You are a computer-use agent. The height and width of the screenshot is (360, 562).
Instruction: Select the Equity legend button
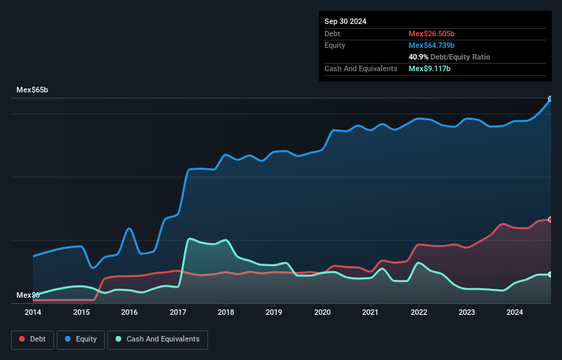point(80,339)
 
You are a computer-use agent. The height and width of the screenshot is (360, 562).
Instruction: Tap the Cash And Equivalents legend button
point(157,339)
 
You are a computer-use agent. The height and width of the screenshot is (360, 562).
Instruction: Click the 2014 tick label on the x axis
point(33,313)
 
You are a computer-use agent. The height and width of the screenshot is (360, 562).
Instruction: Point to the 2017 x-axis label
point(178,313)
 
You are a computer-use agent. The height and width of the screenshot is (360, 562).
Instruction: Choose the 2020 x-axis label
point(322,313)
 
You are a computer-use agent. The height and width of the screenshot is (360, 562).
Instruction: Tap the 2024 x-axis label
point(515,313)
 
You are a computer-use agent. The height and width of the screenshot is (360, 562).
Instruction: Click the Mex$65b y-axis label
point(34,90)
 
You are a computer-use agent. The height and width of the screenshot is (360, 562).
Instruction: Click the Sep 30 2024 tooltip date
point(345,21)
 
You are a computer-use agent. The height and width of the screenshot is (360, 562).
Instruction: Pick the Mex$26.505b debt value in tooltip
point(432,34)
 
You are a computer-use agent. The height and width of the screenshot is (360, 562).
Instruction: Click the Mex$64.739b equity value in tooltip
point(432,45)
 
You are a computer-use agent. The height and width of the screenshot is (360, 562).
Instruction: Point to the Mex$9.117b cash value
point(429,68)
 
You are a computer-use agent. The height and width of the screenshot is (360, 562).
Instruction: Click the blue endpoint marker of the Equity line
point(550,99)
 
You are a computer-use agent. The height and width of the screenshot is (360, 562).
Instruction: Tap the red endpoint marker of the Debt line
point(550,219)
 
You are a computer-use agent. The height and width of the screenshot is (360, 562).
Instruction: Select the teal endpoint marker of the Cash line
point(550,274)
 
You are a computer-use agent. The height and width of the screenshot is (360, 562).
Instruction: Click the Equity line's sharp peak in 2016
point(129,228)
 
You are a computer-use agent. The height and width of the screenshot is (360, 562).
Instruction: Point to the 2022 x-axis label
point(419,313)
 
